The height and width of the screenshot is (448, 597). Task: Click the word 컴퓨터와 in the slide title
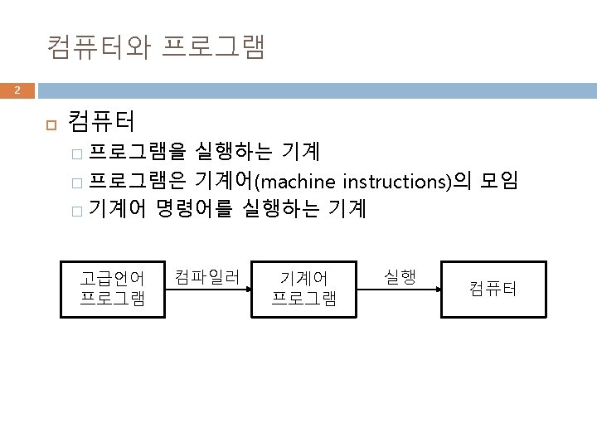click(99, 46)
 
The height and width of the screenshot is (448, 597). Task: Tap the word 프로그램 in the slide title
click(213, 46)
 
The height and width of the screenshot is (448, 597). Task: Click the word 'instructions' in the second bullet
click(396, 181)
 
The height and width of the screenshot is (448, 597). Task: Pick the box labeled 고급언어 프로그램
click(112, 289)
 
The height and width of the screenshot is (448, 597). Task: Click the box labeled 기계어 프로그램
click(304, 289)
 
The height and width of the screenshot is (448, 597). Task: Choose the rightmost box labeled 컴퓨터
click(493, 289)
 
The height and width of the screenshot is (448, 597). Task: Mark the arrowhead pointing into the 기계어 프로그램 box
click(246, 289)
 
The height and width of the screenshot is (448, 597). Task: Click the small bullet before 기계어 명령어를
click(77, 210)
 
